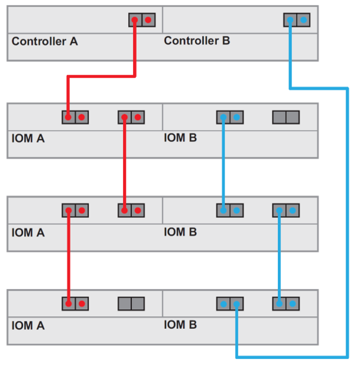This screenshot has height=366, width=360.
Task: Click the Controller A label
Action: tap(44, 41)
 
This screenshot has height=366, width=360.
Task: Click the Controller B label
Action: tap(197, 41)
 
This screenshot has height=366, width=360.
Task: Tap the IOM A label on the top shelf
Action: tap(28, 139)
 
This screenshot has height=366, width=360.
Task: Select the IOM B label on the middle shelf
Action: tap(180, 232)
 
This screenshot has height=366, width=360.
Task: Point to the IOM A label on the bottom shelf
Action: tap(28, 325)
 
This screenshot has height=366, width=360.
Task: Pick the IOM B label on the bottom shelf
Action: tap(180, 325)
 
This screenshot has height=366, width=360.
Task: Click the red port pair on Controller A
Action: tap(142, 20)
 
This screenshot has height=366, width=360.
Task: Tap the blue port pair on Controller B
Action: tap(297, 20)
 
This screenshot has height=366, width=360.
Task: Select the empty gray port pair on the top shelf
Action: tap(286, 117)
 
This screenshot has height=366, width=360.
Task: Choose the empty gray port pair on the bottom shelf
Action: tap(131, 304)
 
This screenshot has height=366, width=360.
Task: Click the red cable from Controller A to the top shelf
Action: tap(101, 76)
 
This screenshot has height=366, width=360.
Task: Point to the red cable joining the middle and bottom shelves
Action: tap(69, 257)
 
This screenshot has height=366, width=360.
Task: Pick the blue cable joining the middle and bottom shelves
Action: tap(279, 257)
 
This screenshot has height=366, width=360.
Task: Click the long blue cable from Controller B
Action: tap(346, 225)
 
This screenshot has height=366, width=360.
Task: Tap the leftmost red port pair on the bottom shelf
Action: tap(75, 304)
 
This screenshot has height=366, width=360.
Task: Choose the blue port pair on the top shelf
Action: tap(229, 117)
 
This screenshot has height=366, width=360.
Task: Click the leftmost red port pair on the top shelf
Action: tap(75, 117)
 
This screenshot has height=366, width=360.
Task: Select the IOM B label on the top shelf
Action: tap(180, 138)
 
